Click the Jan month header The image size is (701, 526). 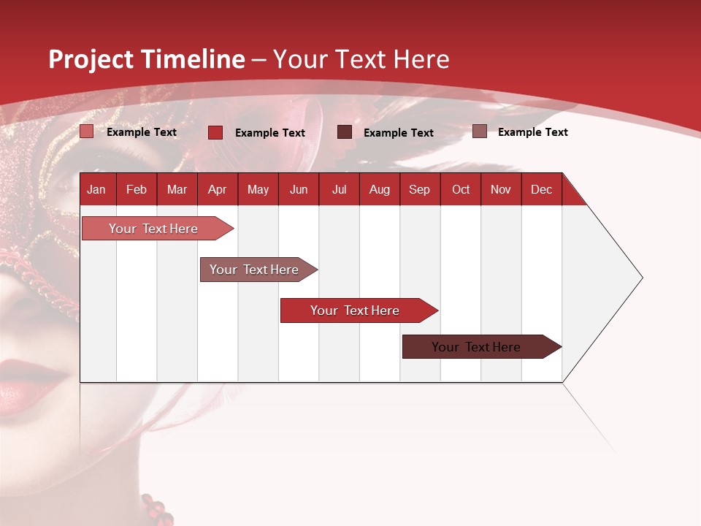pyautogui.click(x=96, y=190)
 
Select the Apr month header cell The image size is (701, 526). pyautogui.click(x=218, y=190)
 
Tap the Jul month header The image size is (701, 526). pyautogui.click(x=339, y=190)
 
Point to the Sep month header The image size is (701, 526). pyautogui.click(x=419, y=190)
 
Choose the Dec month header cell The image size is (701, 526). pyautogui.click(x=541, y=190)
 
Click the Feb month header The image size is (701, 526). pyautogui.click(x=137, y=190)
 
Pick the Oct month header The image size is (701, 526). pyautogui.click(x=461, y=190)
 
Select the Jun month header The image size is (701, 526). pyautogui.click(x=299, y=190)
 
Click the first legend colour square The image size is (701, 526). pyautogui.click(x=87, y=131)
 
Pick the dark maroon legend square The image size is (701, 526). pyautogui.click(x=345, y=132)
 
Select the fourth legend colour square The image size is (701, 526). pyautogui.click(x=480, y=131)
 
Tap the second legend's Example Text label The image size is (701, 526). pyautogui.click(x=270, y=133)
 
